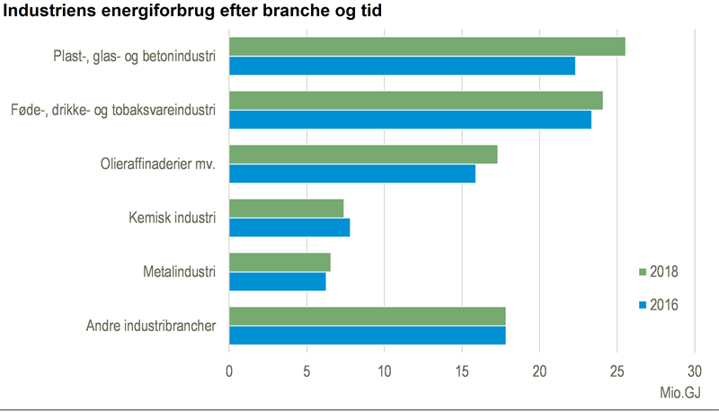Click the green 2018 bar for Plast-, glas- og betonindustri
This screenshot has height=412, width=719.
[427, 47]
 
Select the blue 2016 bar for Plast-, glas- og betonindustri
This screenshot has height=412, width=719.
[402, 66]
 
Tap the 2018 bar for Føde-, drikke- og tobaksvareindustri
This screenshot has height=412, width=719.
[416, 101]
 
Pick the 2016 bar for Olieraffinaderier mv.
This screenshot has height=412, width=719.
[352, 174]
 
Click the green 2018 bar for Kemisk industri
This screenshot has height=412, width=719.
[287, 208]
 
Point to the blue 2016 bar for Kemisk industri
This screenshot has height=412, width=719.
[289, 227]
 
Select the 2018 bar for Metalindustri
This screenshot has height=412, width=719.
[280, 262]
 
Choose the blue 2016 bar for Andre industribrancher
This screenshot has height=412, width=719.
[368, 336]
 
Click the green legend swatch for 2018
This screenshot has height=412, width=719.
[643, 272]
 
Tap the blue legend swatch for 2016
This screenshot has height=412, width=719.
[643, 306]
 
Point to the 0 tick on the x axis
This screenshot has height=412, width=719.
[229, 371]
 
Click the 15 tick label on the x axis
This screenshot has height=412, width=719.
[462, 371]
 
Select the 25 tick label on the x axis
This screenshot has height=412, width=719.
[617, 371]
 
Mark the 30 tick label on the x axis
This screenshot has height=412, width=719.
[694, 371]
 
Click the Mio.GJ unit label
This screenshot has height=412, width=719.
[679, 392]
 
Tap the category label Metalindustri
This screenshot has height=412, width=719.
[179, 271]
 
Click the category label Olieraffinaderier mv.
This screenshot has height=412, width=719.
[158, 164]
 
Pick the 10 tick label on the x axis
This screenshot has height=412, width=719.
[384, 371]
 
